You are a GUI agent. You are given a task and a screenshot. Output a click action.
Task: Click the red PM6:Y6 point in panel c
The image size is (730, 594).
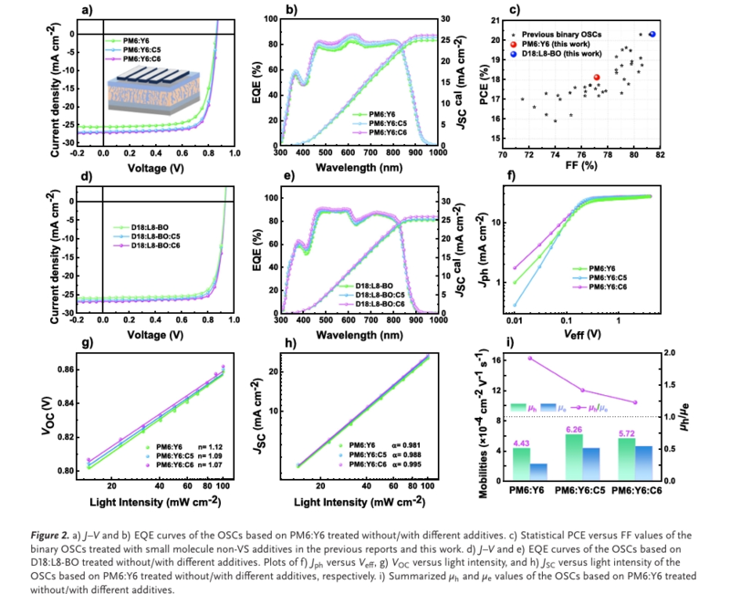click(x=597, y=78)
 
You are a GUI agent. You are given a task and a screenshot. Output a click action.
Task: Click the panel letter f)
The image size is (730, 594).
click(x=510, y=177)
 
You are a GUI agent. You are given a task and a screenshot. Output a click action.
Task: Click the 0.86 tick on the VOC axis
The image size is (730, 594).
click(x=66, y=370)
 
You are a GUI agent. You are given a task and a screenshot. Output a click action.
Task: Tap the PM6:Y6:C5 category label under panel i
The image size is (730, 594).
click(x=573, y=491)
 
